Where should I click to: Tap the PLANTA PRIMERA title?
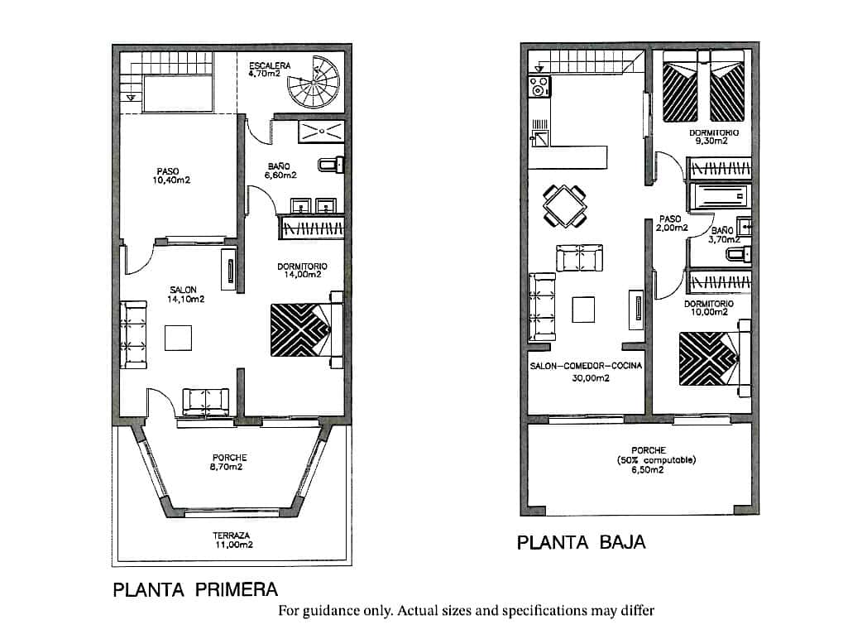coord(195,590)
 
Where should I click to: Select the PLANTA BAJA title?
coord(581,543)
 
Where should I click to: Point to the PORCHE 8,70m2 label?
coord(229,462)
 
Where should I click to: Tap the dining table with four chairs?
coord(566,205)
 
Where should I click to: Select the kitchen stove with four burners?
coord(539,86)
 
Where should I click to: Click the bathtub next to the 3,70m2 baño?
coord(719,196)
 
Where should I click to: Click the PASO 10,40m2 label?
coord(168,175)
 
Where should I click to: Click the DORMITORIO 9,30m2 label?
coord(714,137)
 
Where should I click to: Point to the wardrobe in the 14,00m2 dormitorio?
coord(313,228)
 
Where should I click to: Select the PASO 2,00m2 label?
coord(671,223)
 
